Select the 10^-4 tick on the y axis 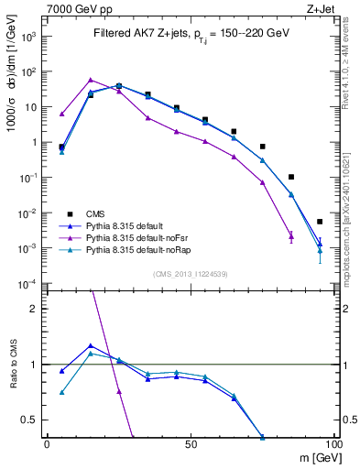tap(28, 284)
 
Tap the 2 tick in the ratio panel tap(34, 309)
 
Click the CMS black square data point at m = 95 tap(320, 222)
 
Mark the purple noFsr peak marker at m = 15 tap(90, 80)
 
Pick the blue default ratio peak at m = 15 tap(90, 345)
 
